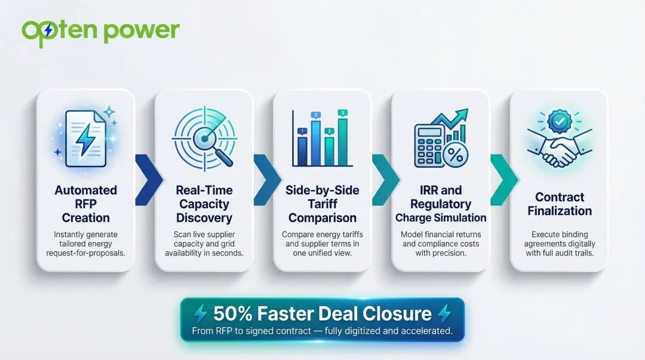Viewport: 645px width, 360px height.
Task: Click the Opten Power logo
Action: [100, 30]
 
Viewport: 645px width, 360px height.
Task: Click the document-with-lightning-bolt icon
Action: [85, 134]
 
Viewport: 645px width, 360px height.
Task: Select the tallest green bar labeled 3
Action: [342, 141]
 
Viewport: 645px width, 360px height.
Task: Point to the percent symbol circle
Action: [456, 156]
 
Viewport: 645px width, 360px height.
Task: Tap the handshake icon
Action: [559, 151]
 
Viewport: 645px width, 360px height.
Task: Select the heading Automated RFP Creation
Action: [85, 204]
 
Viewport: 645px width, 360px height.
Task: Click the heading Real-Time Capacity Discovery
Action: [204, 204]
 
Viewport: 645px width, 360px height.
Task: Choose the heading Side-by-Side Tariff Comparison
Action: [322, 204]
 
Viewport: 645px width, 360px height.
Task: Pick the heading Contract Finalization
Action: [559, 204]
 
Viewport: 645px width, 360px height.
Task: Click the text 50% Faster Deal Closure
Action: [322, 313]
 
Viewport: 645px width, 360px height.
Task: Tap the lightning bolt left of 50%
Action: [201, 313]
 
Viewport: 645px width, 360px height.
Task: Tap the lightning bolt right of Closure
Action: [444, 313]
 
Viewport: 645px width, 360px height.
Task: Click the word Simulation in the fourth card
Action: [460, 218]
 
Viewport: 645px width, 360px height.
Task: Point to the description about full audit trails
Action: [559, 244]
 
